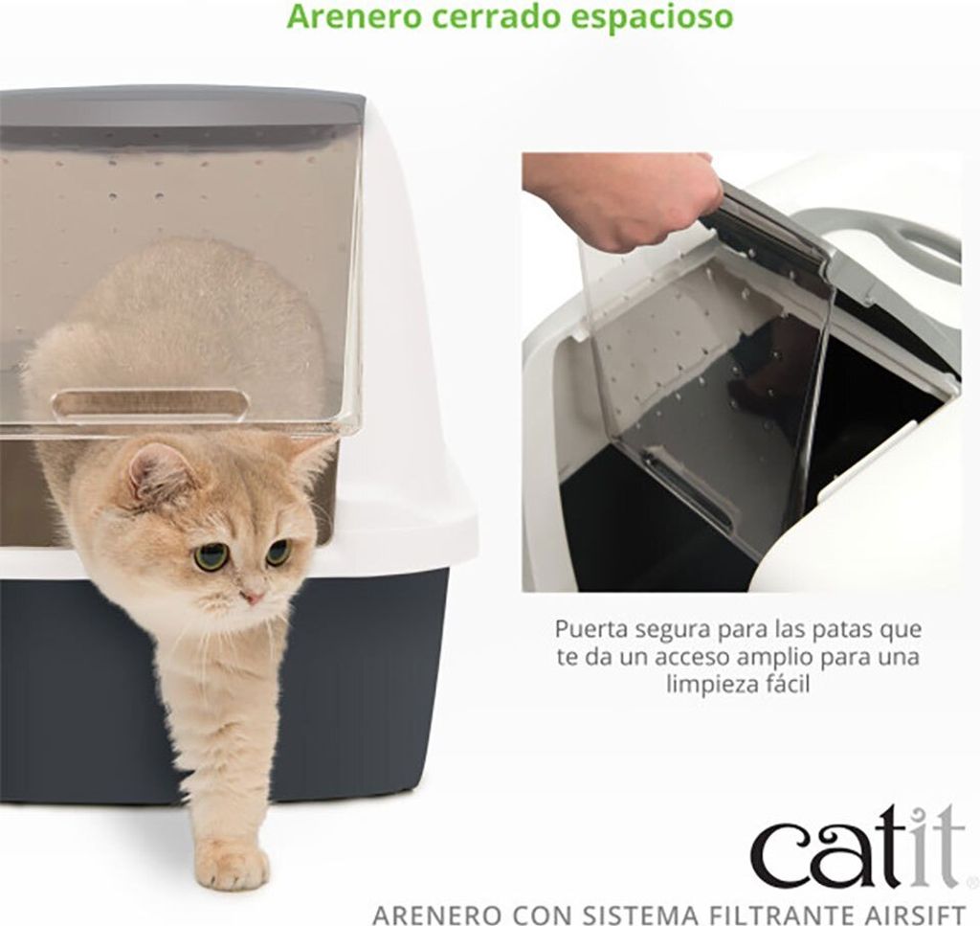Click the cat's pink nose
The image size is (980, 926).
[x=253, y=598]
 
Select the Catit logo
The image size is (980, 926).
[x=858, y=847]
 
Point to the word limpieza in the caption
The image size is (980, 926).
[x=711, y=685]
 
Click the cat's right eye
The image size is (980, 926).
[x=212, y=555]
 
